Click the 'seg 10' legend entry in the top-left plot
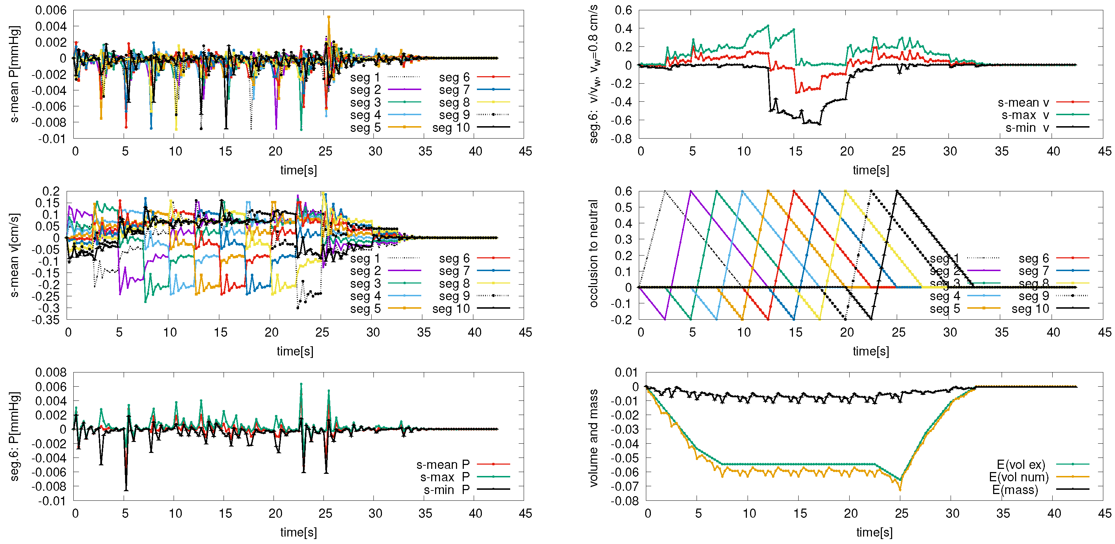point(451,128)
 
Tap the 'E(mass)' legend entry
point(1015,490)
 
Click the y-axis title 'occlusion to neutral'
point(593,254)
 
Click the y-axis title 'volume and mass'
point(593,437)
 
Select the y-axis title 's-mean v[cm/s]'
point(14,255)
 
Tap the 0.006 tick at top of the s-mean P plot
point(51,10)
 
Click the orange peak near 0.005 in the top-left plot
point(329,17)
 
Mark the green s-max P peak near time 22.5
point(301,384)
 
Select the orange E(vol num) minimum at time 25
point(900,490)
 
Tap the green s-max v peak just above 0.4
point(768,26)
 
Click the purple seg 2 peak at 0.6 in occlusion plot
point(691,191)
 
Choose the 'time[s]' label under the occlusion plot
point(871,351)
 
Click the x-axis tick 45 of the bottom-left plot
point(525,514)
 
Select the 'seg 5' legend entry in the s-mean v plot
point(365,309)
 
